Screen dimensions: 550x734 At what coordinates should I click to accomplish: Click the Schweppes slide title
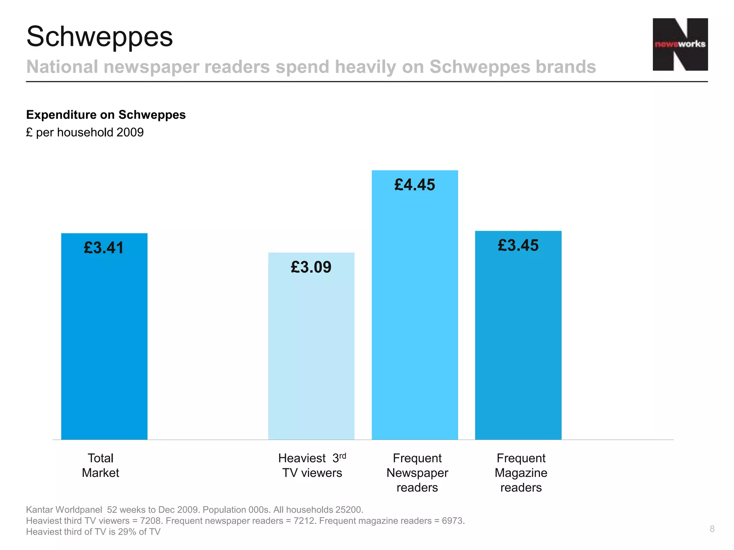[x=100, y=37]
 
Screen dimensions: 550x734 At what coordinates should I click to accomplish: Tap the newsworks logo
[x=680, y=44]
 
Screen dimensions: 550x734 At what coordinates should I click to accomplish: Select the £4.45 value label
[x=415, y=185]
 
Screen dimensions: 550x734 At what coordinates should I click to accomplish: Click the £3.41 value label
[x=104, y=248]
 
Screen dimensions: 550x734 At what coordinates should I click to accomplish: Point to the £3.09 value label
[x=311, y=267]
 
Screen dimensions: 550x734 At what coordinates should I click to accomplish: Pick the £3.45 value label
[x=518, y=246]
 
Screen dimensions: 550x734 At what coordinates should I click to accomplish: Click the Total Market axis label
[x=100, y=465]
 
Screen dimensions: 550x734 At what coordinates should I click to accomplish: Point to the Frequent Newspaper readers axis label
[x=417, y=473]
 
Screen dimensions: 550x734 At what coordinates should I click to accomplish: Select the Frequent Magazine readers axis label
[x=521, y=473]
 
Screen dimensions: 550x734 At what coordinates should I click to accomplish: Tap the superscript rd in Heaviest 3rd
[x=343, y=455]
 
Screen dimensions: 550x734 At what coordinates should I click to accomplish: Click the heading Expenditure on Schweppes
[x=106, y=115]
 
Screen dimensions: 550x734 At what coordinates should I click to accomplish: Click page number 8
[x=712, y=529]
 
